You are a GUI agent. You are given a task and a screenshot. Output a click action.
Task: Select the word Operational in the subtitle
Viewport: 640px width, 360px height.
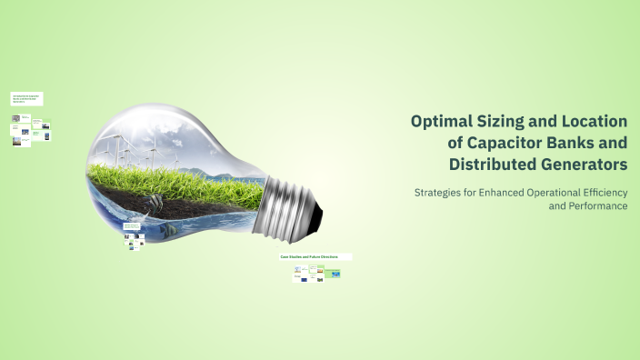[x=568, y=192]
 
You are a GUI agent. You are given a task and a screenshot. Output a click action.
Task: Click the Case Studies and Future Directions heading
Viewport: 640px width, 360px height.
[x=309, y=257]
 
